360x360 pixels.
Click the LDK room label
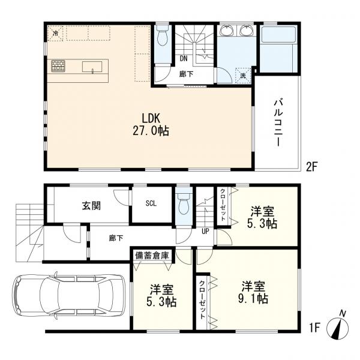[x=151, y=118]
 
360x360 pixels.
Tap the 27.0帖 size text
[x=151, y=131]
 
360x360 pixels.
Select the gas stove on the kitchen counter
[x=58, y=66]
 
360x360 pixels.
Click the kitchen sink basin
[x=92, y=67]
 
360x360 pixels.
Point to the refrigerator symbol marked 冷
[x=55, y=34]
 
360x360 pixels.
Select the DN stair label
[x=184, y=59]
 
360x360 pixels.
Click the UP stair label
[x=205, y=231]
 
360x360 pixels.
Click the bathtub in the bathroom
[x=278, y=49]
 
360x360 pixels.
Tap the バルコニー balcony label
[x=278, y=122]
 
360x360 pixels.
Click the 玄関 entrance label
[x=91, y=205]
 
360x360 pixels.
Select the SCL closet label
[x=151, y=203]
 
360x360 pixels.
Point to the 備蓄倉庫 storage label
[x=152, y=256]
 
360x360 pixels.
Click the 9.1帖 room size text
[x=253, y=299]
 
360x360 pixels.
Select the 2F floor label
[x=311, y=167]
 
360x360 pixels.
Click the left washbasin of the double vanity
[x=227, y=31]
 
